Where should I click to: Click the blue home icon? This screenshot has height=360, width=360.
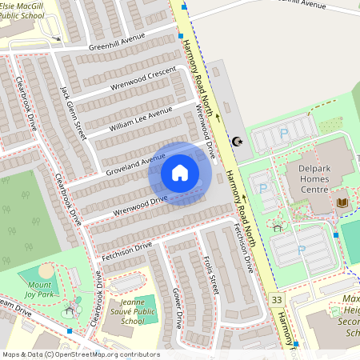[x=180, y=173]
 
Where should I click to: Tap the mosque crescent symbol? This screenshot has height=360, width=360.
[x=236, y=142]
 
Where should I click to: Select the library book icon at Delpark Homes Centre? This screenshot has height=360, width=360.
[x=342, y=203]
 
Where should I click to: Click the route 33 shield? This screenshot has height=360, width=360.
[x=277, y=299]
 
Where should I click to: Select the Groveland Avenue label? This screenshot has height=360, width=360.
[x=135, y=164]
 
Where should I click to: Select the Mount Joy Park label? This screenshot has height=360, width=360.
[x=39, y=289]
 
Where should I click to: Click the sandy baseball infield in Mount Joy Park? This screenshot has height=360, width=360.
[x=46, y=271]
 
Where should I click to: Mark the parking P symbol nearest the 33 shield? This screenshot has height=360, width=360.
[x=301, y=250]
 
